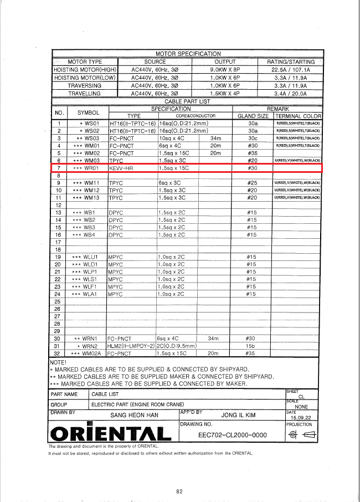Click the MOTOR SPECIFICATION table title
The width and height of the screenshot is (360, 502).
[x=188, y=54]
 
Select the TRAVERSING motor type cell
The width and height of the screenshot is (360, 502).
[x=85, y=86]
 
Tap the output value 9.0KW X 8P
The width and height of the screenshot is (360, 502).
[x=225, y=70]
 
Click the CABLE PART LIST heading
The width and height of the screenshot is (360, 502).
[x=188, y=101]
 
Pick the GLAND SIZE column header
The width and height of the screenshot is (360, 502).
[x=253, y=116]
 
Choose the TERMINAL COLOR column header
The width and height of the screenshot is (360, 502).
[x=298, y=116]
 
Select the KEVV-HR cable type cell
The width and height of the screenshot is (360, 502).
[x=121, y=167]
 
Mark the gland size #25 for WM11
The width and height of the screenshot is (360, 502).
[x=252, y=182]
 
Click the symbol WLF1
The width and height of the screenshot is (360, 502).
[x=85, y=286]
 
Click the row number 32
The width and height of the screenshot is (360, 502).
[x=57, y=352]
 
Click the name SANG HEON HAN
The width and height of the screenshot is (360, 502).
[x=134, y=414]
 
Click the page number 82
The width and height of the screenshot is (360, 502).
[x=179, y=491]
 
